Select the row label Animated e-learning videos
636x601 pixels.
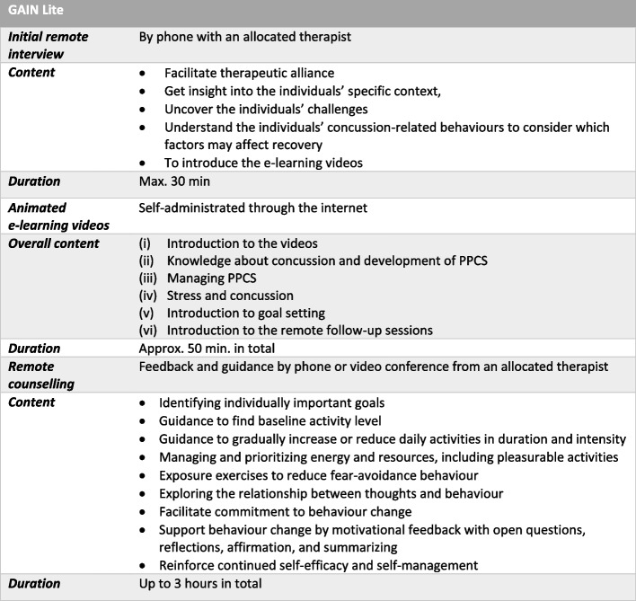click(x=56, y=216)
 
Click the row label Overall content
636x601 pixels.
click(x=50, y=243)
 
